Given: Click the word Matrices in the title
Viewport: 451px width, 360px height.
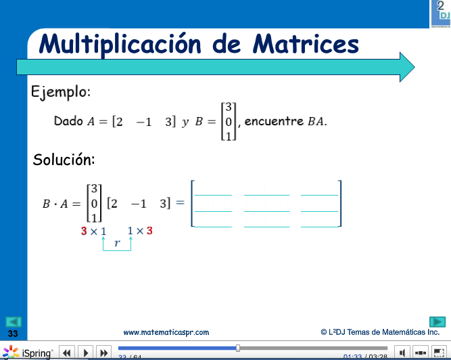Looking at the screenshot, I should click(x=306, y=44).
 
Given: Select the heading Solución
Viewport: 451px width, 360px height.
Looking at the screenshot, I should click(x=64, y=160).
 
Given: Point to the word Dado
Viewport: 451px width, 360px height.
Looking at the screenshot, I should click(x=68, y=122).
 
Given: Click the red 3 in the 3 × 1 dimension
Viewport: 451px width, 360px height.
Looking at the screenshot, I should click(x=84, y=231).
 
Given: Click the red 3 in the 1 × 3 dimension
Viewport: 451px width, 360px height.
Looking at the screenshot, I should click(x=149, y=231).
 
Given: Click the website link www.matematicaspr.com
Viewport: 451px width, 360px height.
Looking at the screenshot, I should click(x=166, y=332).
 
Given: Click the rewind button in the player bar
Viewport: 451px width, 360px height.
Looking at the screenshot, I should click(x=67, y=353).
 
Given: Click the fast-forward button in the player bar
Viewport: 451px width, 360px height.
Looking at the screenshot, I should click(x=103, y=353).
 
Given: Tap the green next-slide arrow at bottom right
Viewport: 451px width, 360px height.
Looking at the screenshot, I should click(x=437, y=321).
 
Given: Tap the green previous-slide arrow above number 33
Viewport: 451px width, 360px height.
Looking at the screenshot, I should click(x=14, y=322).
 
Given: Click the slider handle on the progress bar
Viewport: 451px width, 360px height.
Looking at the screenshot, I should click(x=237, y=348).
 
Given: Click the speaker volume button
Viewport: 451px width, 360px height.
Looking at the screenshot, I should click(x=402, y=353).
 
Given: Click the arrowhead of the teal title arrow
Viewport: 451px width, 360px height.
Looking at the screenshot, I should click(x=406, y=66).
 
